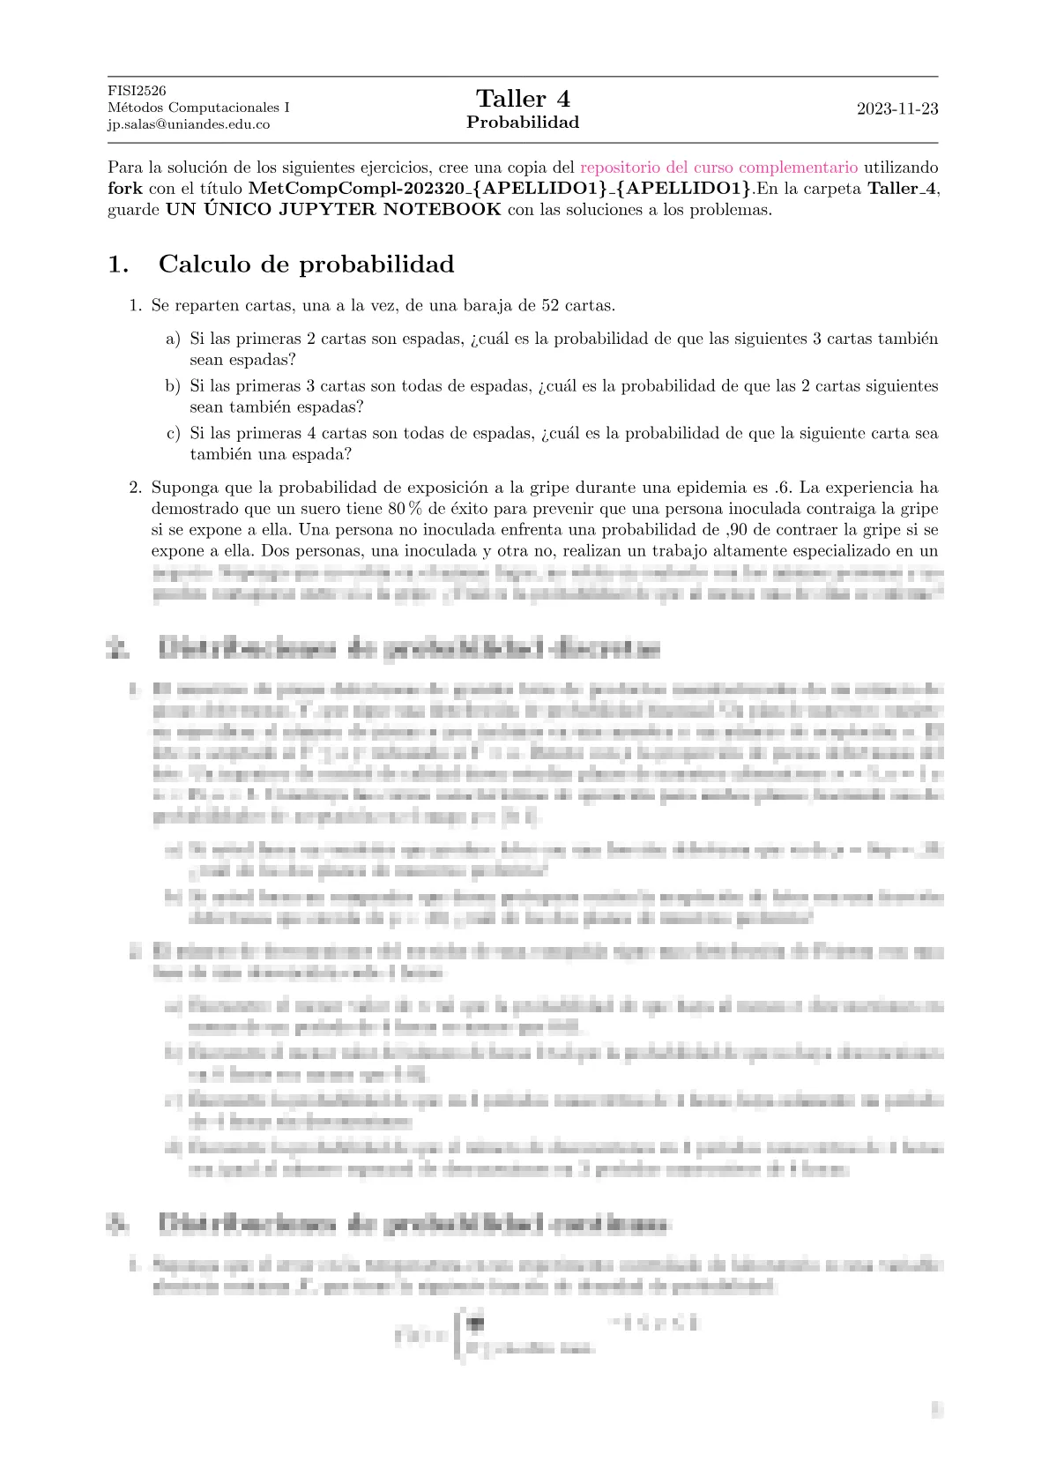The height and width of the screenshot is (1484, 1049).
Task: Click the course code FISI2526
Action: coord(137,91)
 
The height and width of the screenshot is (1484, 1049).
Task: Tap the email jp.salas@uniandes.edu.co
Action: coord(188,124)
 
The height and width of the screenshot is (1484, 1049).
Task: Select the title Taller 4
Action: coord(523,99)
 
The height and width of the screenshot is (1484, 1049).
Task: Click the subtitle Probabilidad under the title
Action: coord(523,123)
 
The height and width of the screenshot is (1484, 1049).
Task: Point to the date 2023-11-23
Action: coord(897,109)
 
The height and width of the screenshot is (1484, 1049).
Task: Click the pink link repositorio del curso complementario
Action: coord(718,168)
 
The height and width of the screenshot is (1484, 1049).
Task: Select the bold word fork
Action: coord(124,189)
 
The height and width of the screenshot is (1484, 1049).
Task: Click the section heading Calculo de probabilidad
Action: coord(306,265)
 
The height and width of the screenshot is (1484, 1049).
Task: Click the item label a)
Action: coord(173,339)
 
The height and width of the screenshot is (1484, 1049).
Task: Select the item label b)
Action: coord(173,386)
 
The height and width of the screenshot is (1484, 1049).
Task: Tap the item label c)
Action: coord(173,434)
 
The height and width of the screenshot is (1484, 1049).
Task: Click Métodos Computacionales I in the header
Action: coord(198,108)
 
